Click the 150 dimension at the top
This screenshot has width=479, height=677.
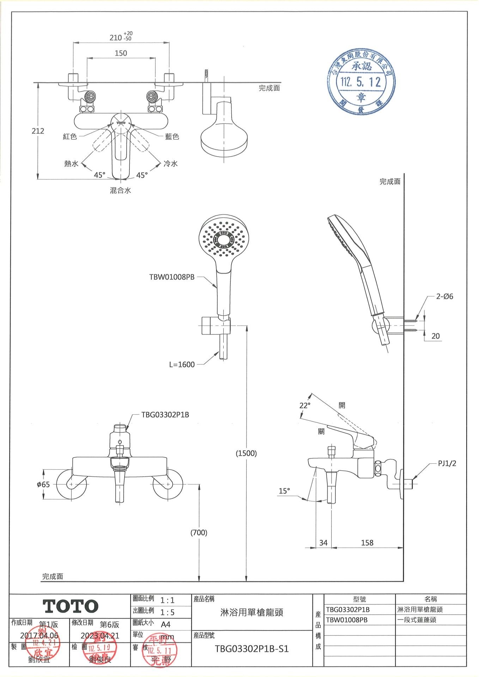tap(121, 53)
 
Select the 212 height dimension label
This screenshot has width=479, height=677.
tap(38, 131)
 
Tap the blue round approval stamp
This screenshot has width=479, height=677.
tap(361, 82)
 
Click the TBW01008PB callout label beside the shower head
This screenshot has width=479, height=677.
tap(172, 277)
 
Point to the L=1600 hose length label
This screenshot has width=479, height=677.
tap(182, 365)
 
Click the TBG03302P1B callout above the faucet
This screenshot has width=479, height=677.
tap(165, 415)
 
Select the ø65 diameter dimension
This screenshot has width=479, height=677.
tap(43, 484)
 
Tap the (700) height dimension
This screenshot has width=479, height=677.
tap(199, 532)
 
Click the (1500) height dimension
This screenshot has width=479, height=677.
tap(246, 453)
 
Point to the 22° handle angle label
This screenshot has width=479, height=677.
tap(305, 405)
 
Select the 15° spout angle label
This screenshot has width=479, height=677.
tap(284, 491)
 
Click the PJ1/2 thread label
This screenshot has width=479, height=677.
tap(447, 464)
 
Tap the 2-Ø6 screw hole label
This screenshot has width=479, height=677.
tap(444, 297)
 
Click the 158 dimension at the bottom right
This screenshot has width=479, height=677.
tap(367, 543)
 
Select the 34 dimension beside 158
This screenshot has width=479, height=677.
tap(323, 543)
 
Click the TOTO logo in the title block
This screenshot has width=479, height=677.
tap(71, 606)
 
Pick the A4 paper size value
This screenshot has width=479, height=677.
tap(165, 624)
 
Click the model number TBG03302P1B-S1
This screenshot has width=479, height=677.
tap(251, 649)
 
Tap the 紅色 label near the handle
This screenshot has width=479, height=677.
tap(70, 136)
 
